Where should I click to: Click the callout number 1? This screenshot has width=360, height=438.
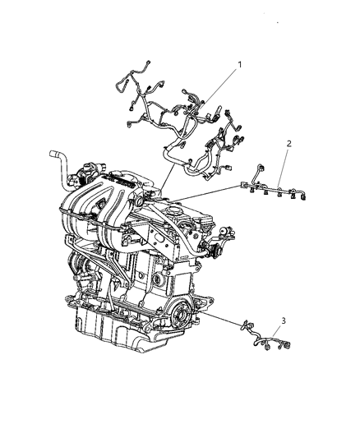[240, 63]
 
